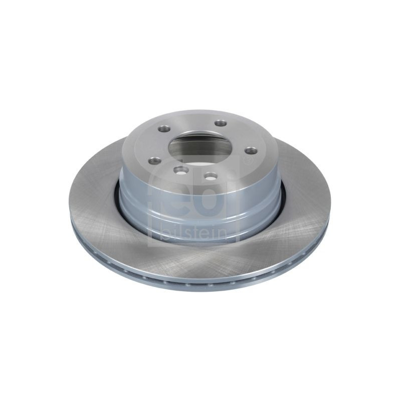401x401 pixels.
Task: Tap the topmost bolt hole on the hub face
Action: point(221,123)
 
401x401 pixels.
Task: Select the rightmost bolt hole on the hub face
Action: point(250,151)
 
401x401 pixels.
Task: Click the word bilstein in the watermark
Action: point(193,233)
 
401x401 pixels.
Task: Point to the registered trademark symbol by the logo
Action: point(247,161)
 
